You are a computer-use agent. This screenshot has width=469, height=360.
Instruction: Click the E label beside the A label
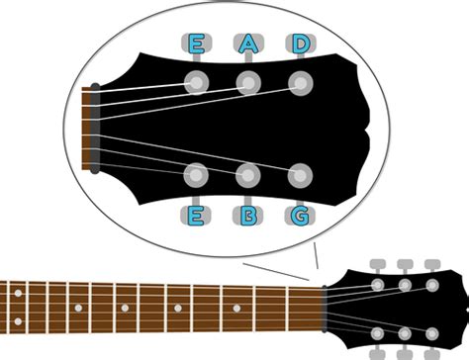196,44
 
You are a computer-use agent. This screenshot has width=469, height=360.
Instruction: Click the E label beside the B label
196,215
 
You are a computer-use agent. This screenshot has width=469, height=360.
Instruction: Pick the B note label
247,215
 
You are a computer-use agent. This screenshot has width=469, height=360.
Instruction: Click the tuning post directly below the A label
247,81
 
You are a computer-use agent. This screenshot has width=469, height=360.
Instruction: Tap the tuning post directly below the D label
300,81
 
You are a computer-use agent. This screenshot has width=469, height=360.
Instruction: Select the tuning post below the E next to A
196,81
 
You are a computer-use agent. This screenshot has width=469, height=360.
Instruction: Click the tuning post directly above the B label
247,176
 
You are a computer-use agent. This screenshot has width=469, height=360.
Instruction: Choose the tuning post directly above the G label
300,176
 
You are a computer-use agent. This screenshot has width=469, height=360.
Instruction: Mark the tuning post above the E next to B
196,176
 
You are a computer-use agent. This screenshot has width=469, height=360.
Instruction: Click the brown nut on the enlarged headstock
95,129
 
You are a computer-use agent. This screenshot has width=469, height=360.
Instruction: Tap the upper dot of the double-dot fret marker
18,294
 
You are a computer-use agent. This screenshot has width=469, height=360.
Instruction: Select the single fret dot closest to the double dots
77,308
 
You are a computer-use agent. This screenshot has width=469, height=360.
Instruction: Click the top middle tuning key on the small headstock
405,264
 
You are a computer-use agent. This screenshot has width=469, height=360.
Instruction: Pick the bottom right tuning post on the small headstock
432,333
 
